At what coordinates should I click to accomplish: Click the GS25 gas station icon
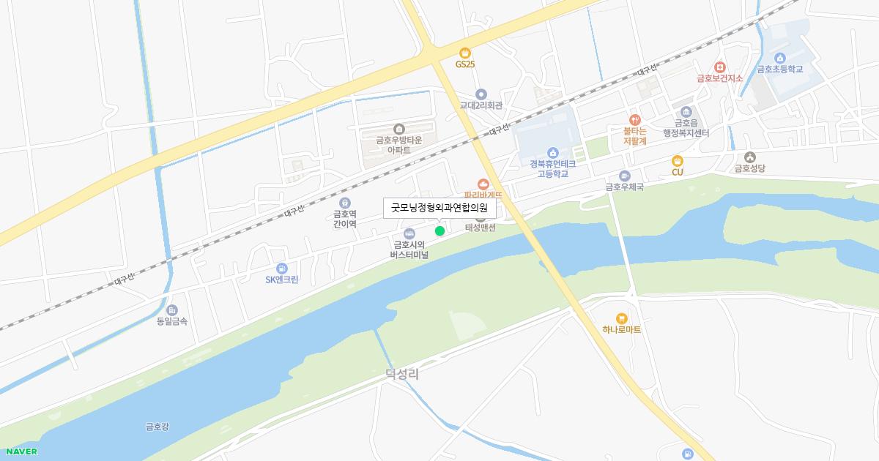[464, 52]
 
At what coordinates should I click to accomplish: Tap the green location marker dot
[439, 231]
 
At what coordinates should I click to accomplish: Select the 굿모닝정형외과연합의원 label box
[440, 208]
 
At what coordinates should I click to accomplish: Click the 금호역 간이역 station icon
[345, 203]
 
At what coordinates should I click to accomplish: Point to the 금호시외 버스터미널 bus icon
[409, 233]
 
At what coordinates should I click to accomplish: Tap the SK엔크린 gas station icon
[282, 269]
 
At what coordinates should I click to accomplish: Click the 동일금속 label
[172, 321]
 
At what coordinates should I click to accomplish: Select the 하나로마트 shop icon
[622, 318]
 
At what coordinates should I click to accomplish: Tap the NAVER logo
[21, 451]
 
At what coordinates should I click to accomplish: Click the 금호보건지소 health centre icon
[719, 67]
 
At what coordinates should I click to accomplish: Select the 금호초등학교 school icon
[780, 59]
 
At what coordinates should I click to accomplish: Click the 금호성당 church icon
[749, 157]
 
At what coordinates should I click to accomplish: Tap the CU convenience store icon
[678, 161]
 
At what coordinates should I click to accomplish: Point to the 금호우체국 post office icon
[624, 176]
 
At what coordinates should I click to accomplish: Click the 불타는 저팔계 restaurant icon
[635, 119]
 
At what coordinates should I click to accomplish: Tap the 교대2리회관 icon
[481, 94]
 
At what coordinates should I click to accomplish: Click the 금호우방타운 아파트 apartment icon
[398, 130]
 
